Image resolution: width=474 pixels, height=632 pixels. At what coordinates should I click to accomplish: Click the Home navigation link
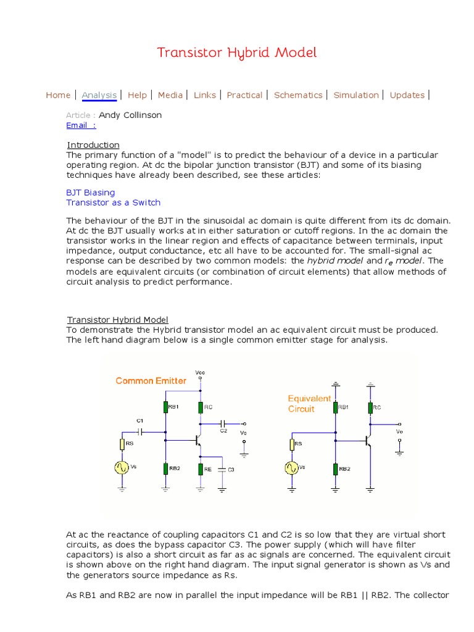coord(58,95)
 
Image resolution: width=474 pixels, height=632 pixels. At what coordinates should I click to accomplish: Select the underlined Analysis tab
coord(99,95)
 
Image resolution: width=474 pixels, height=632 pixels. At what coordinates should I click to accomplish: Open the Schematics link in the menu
coord(298,95)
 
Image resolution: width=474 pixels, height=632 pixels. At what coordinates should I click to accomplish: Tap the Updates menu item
coord(407,95)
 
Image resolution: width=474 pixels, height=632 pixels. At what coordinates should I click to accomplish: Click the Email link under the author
coord(81,125)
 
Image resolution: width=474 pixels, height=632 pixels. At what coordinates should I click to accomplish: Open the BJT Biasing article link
coord(91,193)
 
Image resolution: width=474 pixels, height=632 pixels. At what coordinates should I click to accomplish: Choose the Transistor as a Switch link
coord(113,202)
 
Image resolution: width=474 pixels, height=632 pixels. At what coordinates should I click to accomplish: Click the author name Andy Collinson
coord(130,115)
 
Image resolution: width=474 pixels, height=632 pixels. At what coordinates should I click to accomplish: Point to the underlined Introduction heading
coord(93,145)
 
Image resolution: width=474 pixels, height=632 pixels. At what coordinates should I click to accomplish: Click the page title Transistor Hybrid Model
coord(237,52)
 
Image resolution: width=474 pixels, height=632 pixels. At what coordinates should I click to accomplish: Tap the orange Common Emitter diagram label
coord(151,381)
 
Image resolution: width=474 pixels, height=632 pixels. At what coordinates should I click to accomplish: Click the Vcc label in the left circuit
coord(200,373)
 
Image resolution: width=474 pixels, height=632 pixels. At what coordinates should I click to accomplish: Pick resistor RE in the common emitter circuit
coord(200,469)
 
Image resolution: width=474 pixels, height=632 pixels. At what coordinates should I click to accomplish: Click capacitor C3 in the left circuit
coord(221,469)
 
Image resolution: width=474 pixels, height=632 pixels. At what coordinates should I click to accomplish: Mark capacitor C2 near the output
coord(222,424)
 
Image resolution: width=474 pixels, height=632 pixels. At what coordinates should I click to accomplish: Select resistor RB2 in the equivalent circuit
coord(335,468)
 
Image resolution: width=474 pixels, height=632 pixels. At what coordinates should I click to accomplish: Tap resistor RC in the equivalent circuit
coord(370,407)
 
